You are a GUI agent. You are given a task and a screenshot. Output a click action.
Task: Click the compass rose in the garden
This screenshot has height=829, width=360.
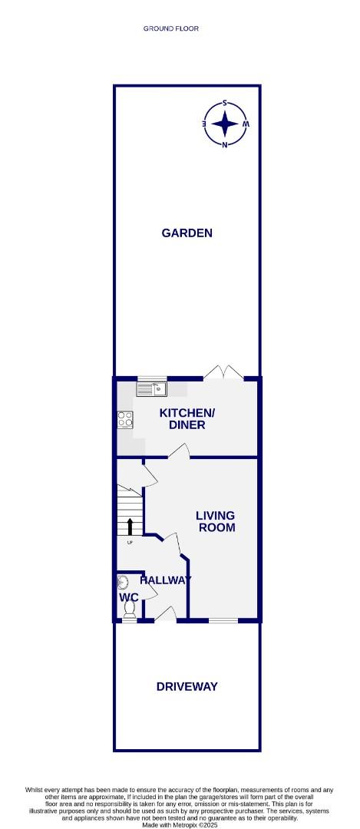click(x=225, y=123)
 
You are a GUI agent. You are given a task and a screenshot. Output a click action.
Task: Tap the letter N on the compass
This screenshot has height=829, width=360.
click(x=225, y=144)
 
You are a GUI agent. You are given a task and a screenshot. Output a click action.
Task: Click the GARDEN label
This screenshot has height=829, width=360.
click(x=187, y=233)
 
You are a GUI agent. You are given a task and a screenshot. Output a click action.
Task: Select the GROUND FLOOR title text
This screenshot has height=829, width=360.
click(x=170, y=28)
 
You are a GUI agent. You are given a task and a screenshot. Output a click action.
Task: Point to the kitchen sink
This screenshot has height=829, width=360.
click(x=151, y=390)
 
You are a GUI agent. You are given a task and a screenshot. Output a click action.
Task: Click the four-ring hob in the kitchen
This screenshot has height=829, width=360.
click(x=124, y=420)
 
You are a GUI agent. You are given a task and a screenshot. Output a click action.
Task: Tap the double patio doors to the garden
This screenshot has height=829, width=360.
click(x=224, y=373)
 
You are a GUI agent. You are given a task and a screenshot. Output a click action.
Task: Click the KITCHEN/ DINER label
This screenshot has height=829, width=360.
click(x=187, y=418)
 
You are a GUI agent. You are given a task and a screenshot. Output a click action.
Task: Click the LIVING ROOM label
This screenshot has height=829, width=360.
click(x=216, y=521)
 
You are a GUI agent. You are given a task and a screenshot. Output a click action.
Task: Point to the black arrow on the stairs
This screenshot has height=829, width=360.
click(x=129, y=526)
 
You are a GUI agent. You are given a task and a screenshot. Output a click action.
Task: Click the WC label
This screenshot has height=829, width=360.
click(x=127, y=596)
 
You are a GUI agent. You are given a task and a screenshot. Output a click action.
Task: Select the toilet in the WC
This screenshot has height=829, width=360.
click(x=128, y=609)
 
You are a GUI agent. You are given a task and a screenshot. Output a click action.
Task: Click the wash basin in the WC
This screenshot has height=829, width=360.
click(x=122, y=583)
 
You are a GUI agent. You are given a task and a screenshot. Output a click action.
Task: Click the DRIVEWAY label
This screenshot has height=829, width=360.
click(x=187, y=686)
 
